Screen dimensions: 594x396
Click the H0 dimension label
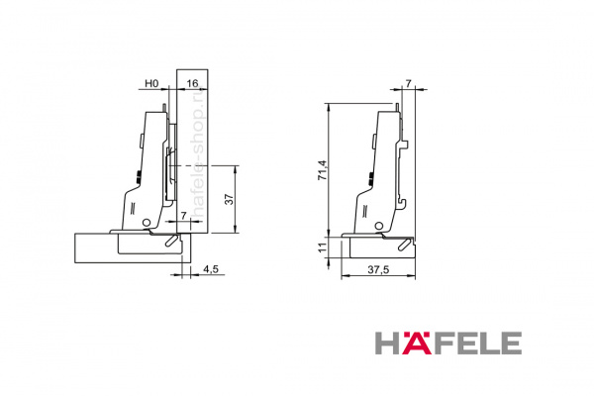151,83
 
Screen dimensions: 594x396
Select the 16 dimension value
192,83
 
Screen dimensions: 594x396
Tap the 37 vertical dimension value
230,199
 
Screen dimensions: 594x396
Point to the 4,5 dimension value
211,269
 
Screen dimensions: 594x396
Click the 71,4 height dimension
323,170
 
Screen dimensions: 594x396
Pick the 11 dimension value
322,247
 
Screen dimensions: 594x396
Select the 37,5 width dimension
378,269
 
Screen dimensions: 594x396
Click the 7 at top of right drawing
408,84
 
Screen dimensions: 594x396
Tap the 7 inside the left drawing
184,215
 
